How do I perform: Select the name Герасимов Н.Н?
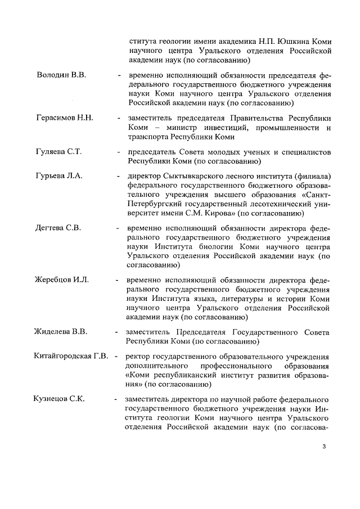[65, 118]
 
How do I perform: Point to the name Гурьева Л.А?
[59, 176]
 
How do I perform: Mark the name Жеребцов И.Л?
[62, 280]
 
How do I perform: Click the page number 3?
[324, 448]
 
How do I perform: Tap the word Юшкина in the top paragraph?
[283, 42]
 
